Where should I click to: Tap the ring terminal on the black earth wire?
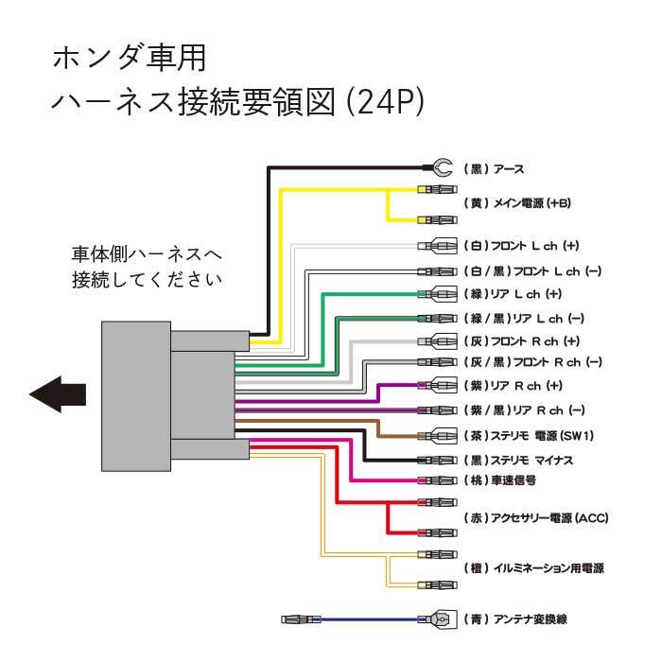(440, 169)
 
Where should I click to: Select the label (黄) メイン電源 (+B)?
(517, 203)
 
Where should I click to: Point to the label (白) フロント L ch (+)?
(521, 247)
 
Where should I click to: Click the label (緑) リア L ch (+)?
(512, 293)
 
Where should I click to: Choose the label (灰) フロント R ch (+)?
(521, 340)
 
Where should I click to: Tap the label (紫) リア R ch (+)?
(512, 386)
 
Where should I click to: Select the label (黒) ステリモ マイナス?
(531, 461)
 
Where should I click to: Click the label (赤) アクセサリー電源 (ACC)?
(536, 518)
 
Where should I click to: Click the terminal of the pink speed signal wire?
(436, 480)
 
